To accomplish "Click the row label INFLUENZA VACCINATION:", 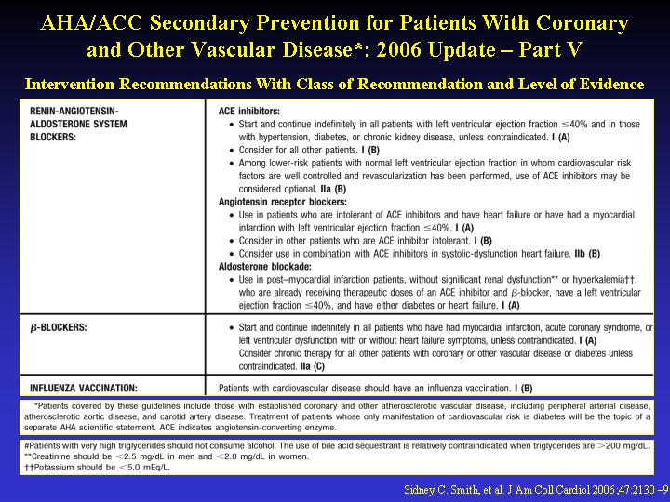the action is click(x=84, y=388).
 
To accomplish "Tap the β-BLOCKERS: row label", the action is click(x=59, y=327).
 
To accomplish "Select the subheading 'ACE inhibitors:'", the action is click(x=249, y=111).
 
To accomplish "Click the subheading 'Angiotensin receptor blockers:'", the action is click(x=283, y=202).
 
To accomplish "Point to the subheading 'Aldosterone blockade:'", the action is click(x=265, y=267).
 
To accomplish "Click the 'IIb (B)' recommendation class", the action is click(x=587, y=254).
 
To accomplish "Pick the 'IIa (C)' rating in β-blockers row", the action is click(x=313, y=366).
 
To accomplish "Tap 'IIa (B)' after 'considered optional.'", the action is click(x=333, y=189).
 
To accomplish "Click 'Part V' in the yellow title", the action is click(x=550, y=49).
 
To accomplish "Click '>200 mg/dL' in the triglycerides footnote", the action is click(x=623, y=445).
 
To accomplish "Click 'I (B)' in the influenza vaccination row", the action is click(x=523, y=388).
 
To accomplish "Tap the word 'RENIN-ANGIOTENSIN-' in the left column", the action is click(x=74, y=111).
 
